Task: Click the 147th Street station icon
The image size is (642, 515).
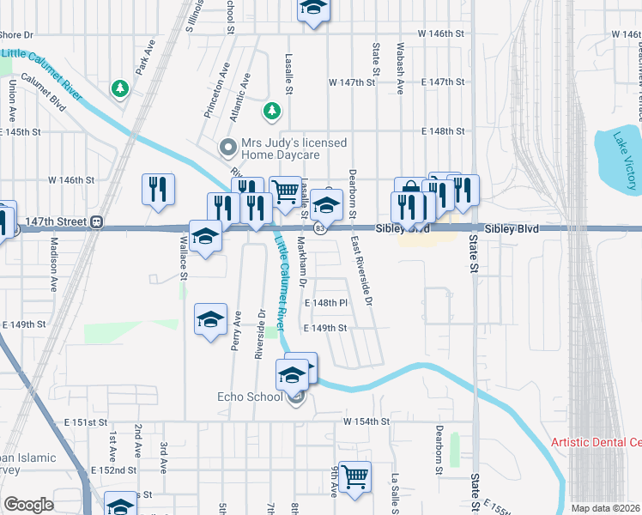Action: [x=97, y=221]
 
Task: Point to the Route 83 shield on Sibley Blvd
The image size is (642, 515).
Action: [x=319, y=228]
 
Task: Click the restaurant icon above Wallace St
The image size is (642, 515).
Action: [x=159, y=190]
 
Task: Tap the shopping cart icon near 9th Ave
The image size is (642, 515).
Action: [x=354, y=476]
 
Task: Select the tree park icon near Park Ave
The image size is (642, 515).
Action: [x=121, y=88]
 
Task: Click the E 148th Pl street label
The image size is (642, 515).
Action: [x=326, y=304]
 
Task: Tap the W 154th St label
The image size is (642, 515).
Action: [x=366, y=421]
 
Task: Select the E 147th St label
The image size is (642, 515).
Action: [x=443, y=82]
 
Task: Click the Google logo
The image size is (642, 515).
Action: [x=28, y=505]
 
